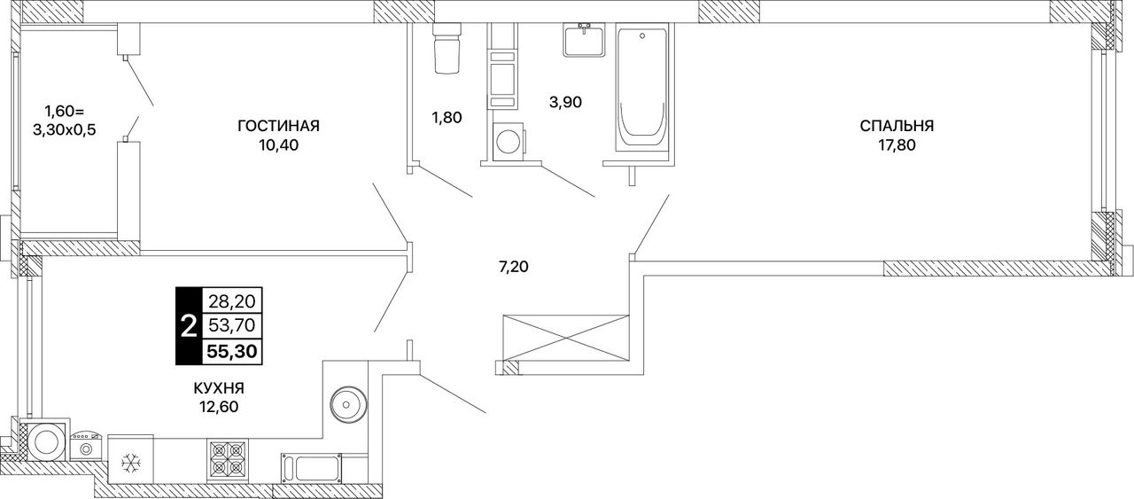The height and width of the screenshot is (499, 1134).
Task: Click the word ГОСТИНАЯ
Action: (x=278, y=126)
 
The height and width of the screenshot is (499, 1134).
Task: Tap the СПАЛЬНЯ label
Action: (x=897, y=126)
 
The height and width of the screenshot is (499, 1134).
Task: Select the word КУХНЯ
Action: (x=219, y=388)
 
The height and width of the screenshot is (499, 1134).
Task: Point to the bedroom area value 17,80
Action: (x=897, y=145)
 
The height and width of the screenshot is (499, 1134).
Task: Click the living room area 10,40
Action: (x=278, y=145)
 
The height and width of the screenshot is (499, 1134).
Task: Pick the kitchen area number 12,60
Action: (x=219, y=407)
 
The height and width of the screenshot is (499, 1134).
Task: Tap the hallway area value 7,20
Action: (x=514, y=267)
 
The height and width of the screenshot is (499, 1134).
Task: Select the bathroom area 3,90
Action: (x=565, y=102)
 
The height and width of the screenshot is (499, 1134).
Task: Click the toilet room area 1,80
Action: (x=447, y=118)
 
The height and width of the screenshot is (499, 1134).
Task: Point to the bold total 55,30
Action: (x=232, y=351)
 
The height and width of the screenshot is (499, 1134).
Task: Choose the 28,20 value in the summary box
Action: (x=232, y=302)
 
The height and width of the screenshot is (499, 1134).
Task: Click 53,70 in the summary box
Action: (x=232, y=325)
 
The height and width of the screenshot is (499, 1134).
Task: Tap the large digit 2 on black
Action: (x=189, y=326)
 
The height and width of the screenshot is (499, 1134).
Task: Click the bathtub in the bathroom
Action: (x=642, y=90)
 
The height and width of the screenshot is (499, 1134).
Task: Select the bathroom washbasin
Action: (x=584, y=40)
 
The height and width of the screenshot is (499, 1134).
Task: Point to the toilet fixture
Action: (x=447, y=48)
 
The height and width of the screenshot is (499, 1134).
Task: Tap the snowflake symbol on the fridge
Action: (x=130, y=463)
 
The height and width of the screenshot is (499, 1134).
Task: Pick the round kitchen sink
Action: (x=347, y=405)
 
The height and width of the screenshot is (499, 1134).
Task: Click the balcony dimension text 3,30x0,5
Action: (x=65, y=130)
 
